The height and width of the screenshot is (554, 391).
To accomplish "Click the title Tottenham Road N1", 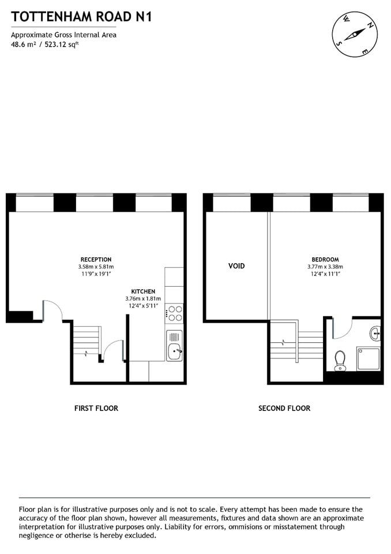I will [81, 17].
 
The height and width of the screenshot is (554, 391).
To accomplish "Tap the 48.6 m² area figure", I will [22, 44].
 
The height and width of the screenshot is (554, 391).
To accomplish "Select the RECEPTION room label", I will [96, 260].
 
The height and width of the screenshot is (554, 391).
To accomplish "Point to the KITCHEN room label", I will [143, 291].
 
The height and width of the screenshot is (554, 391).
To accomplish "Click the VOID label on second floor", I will [236, 266].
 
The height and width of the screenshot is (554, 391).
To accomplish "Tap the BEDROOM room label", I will [325, 260].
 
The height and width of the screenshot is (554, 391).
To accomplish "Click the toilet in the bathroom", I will [340, 360].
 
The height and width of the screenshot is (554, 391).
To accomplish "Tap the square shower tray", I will [367, 358].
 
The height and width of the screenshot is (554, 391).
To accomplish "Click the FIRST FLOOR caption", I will [96, 408].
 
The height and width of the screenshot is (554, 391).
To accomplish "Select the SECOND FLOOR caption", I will [284, 408].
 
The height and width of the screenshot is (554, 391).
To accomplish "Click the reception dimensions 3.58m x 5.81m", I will [96, 267].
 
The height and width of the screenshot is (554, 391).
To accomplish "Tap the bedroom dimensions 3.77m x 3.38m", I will [325, 267].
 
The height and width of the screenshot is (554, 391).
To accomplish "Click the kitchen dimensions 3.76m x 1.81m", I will [143, 299].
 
